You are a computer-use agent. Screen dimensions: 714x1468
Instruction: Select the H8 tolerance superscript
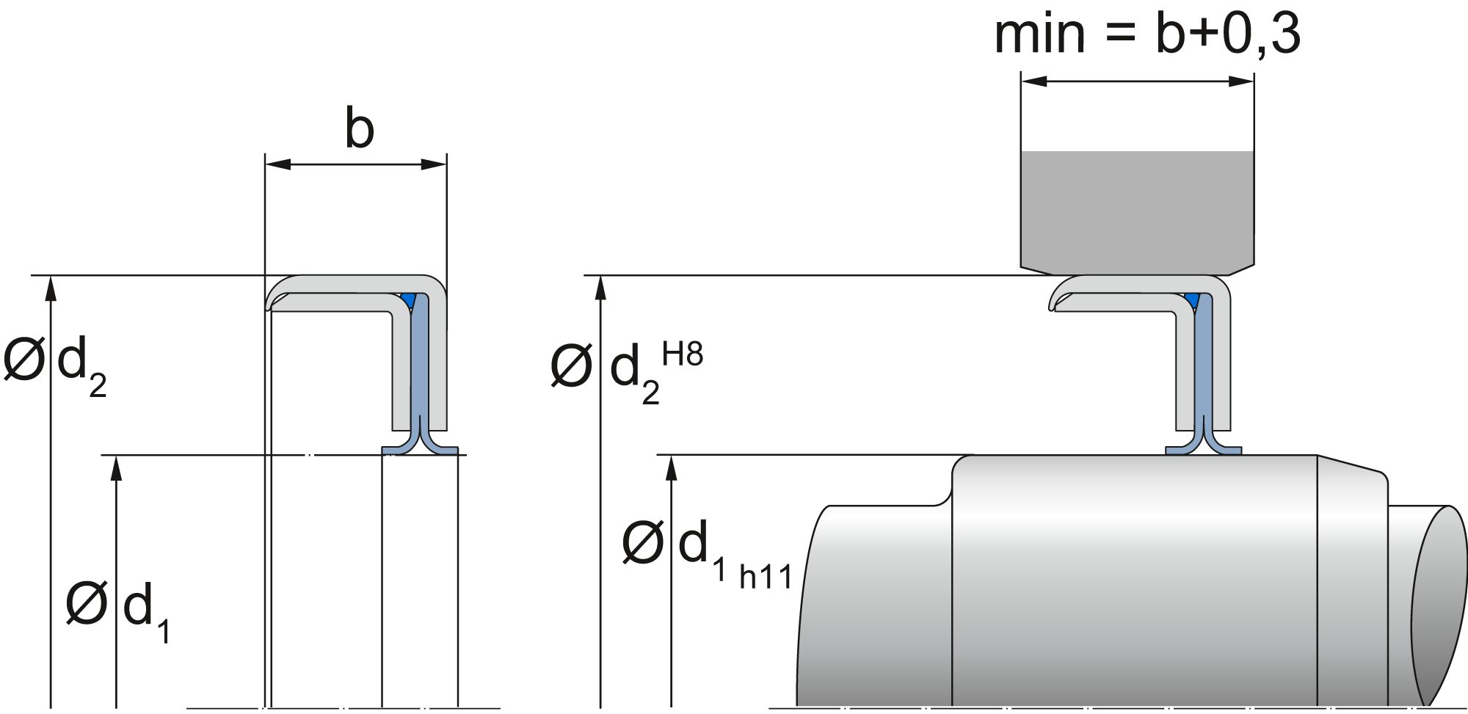(682, 355)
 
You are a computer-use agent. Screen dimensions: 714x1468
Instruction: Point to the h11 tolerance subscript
(766, 578)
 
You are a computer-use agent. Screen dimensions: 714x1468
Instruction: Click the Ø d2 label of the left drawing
(56, 365)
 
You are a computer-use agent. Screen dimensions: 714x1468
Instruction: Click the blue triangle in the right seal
(1191, 299)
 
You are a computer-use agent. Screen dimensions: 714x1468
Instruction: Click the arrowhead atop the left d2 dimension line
(50, 289)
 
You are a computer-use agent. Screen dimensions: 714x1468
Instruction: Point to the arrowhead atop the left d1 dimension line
(115, 468)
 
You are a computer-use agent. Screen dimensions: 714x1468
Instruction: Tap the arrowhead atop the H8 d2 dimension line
(601, 288)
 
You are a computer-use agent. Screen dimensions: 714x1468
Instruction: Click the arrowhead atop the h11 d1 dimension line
(671, 468)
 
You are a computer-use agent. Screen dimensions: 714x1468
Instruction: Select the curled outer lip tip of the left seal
(272, 301)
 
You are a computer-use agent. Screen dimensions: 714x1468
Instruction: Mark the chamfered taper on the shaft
(1351, 470)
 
